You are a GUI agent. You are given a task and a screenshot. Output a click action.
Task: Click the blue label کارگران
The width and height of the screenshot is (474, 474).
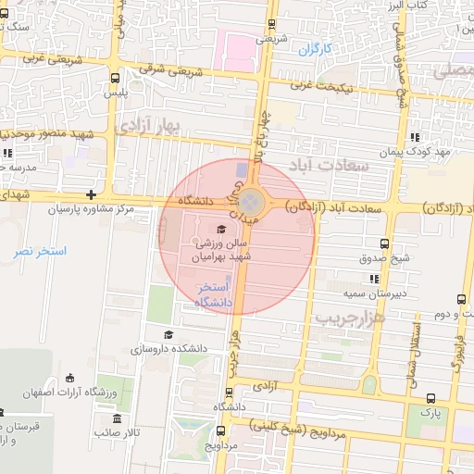[x=315, y=48]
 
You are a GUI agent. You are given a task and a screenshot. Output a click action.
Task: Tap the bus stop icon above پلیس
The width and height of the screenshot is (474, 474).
[x=114, y=79]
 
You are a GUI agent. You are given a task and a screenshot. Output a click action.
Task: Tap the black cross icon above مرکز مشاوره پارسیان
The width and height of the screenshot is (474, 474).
[x=91, y=194]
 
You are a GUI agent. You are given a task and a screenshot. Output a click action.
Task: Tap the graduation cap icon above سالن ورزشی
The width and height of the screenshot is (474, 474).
[x=220, y=229]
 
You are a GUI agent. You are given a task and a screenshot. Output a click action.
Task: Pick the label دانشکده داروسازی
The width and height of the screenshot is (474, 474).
[x=168, y=350]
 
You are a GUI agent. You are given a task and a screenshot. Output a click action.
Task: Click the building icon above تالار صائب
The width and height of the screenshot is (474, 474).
[x=104, y=418]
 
